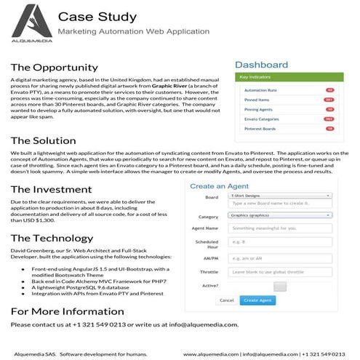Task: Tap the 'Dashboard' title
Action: click(261, 65)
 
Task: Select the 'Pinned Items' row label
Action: click(257, 100)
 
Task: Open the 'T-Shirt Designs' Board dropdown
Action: click(279, 196)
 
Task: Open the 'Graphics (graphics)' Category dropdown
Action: click(279, 215)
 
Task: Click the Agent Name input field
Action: click(279, 229)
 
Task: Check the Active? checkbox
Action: click(279, 286)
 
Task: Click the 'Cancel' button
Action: click(226, 300)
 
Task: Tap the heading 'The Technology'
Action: click(52, 239)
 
